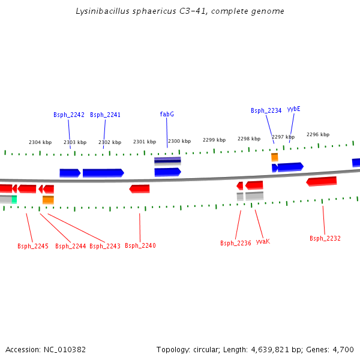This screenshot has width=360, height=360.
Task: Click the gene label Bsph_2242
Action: point(68,115)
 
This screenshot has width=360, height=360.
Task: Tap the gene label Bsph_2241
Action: point(105,115)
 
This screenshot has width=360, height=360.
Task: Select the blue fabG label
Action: point(167,114)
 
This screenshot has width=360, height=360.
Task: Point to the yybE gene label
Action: point(293,109)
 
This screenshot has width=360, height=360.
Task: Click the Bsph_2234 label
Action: point(266,110)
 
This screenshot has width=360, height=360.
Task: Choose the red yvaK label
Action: point(263,241)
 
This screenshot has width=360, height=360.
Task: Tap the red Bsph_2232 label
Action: point(325,238)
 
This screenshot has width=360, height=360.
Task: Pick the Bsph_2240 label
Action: point(140,245)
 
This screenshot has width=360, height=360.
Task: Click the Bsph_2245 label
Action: point(32,246)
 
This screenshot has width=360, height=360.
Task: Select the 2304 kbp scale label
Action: point(40,142)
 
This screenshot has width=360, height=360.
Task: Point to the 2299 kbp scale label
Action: point(214,139)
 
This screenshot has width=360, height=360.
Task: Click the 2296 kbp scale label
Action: point(318,135)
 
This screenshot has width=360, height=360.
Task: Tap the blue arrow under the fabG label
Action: point(167,172)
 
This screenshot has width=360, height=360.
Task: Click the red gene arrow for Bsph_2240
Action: point(140,188)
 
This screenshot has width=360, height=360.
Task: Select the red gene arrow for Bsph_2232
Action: point(322,181)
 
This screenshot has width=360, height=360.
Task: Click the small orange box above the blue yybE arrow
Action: point(274,157)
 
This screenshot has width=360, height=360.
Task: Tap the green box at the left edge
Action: point(14,199)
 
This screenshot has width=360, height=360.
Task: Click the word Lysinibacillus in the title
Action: point(100,11)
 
